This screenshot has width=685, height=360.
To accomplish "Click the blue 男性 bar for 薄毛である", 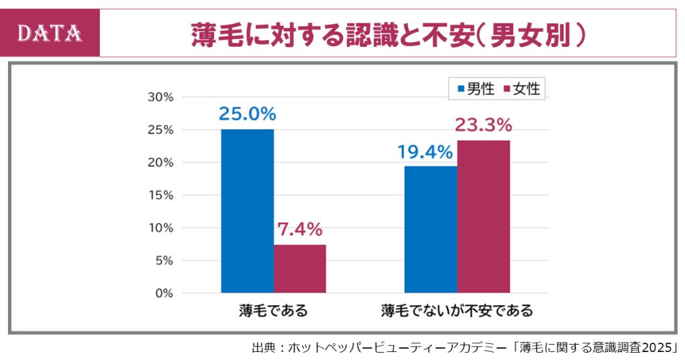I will click(x=247, y=211).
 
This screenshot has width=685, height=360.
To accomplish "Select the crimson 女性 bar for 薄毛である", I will click(x=300, y=268).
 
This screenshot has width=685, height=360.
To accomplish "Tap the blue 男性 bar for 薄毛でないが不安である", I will click(x=431, y=229).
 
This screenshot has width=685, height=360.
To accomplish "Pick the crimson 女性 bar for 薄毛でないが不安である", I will click(x=484, y=216).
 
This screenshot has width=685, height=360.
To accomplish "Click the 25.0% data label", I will click(x=247, y=114).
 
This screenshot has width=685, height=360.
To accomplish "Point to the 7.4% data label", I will click(x=300, y=230).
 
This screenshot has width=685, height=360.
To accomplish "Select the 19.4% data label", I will click(x=425, y=152).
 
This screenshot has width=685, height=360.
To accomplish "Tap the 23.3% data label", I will click(x=483, y=125).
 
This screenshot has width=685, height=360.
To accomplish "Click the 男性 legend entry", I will click(x=476, y=88).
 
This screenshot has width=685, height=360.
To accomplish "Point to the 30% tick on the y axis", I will click(x=160, y=97).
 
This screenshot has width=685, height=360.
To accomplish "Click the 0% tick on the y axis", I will click(x=163, y=293).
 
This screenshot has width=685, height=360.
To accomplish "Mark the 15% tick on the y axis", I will click(x=160, y=195).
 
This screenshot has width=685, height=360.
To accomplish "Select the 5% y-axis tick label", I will click(x=163, y=260).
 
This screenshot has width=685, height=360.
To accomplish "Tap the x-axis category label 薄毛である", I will click(x=274, y=311).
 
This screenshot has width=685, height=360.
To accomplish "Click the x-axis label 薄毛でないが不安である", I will click(x=457, y=311).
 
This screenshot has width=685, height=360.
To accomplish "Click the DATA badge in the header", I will click(x=50, y=33).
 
